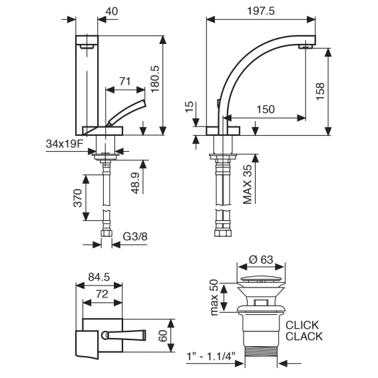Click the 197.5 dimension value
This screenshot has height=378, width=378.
(261, 11)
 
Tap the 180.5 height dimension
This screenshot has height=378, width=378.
(155, 79)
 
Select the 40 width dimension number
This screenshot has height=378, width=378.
(112, 11)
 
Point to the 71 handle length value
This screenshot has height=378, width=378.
(125, 81)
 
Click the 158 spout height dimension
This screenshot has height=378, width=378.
(321, 91)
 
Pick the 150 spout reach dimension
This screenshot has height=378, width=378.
(266, 109)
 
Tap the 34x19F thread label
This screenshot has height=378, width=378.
(65, 144)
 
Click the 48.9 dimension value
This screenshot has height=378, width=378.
(136, 183)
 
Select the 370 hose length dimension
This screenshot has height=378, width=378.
(78, 198)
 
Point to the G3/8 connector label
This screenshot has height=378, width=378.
(135, 236)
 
